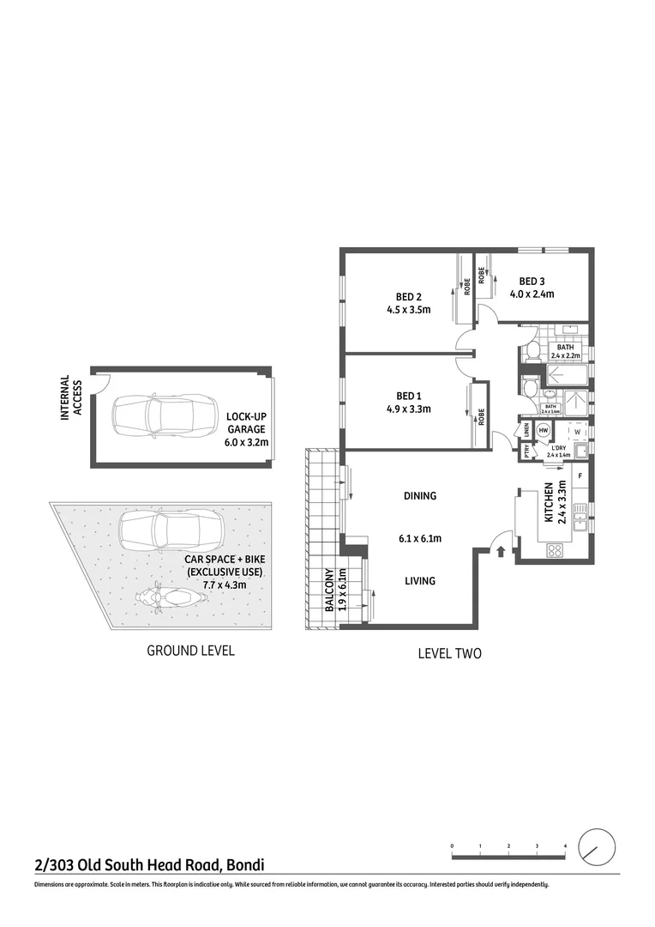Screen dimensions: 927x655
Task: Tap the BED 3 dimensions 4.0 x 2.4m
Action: (532, 294)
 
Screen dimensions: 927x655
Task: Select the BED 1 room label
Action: (408, 395)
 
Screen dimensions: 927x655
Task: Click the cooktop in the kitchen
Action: (554, 550)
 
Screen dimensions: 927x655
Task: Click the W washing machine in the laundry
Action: (576, 432)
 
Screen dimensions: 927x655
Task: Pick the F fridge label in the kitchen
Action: (580, 475)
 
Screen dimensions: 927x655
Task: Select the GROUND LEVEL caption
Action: (190, 651)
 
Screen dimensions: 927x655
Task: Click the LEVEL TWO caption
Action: (449, 653)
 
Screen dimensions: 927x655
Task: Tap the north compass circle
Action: (597, 848)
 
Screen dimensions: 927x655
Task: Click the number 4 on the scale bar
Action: (565, 846)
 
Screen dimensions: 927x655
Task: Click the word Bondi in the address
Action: (244, 864)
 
